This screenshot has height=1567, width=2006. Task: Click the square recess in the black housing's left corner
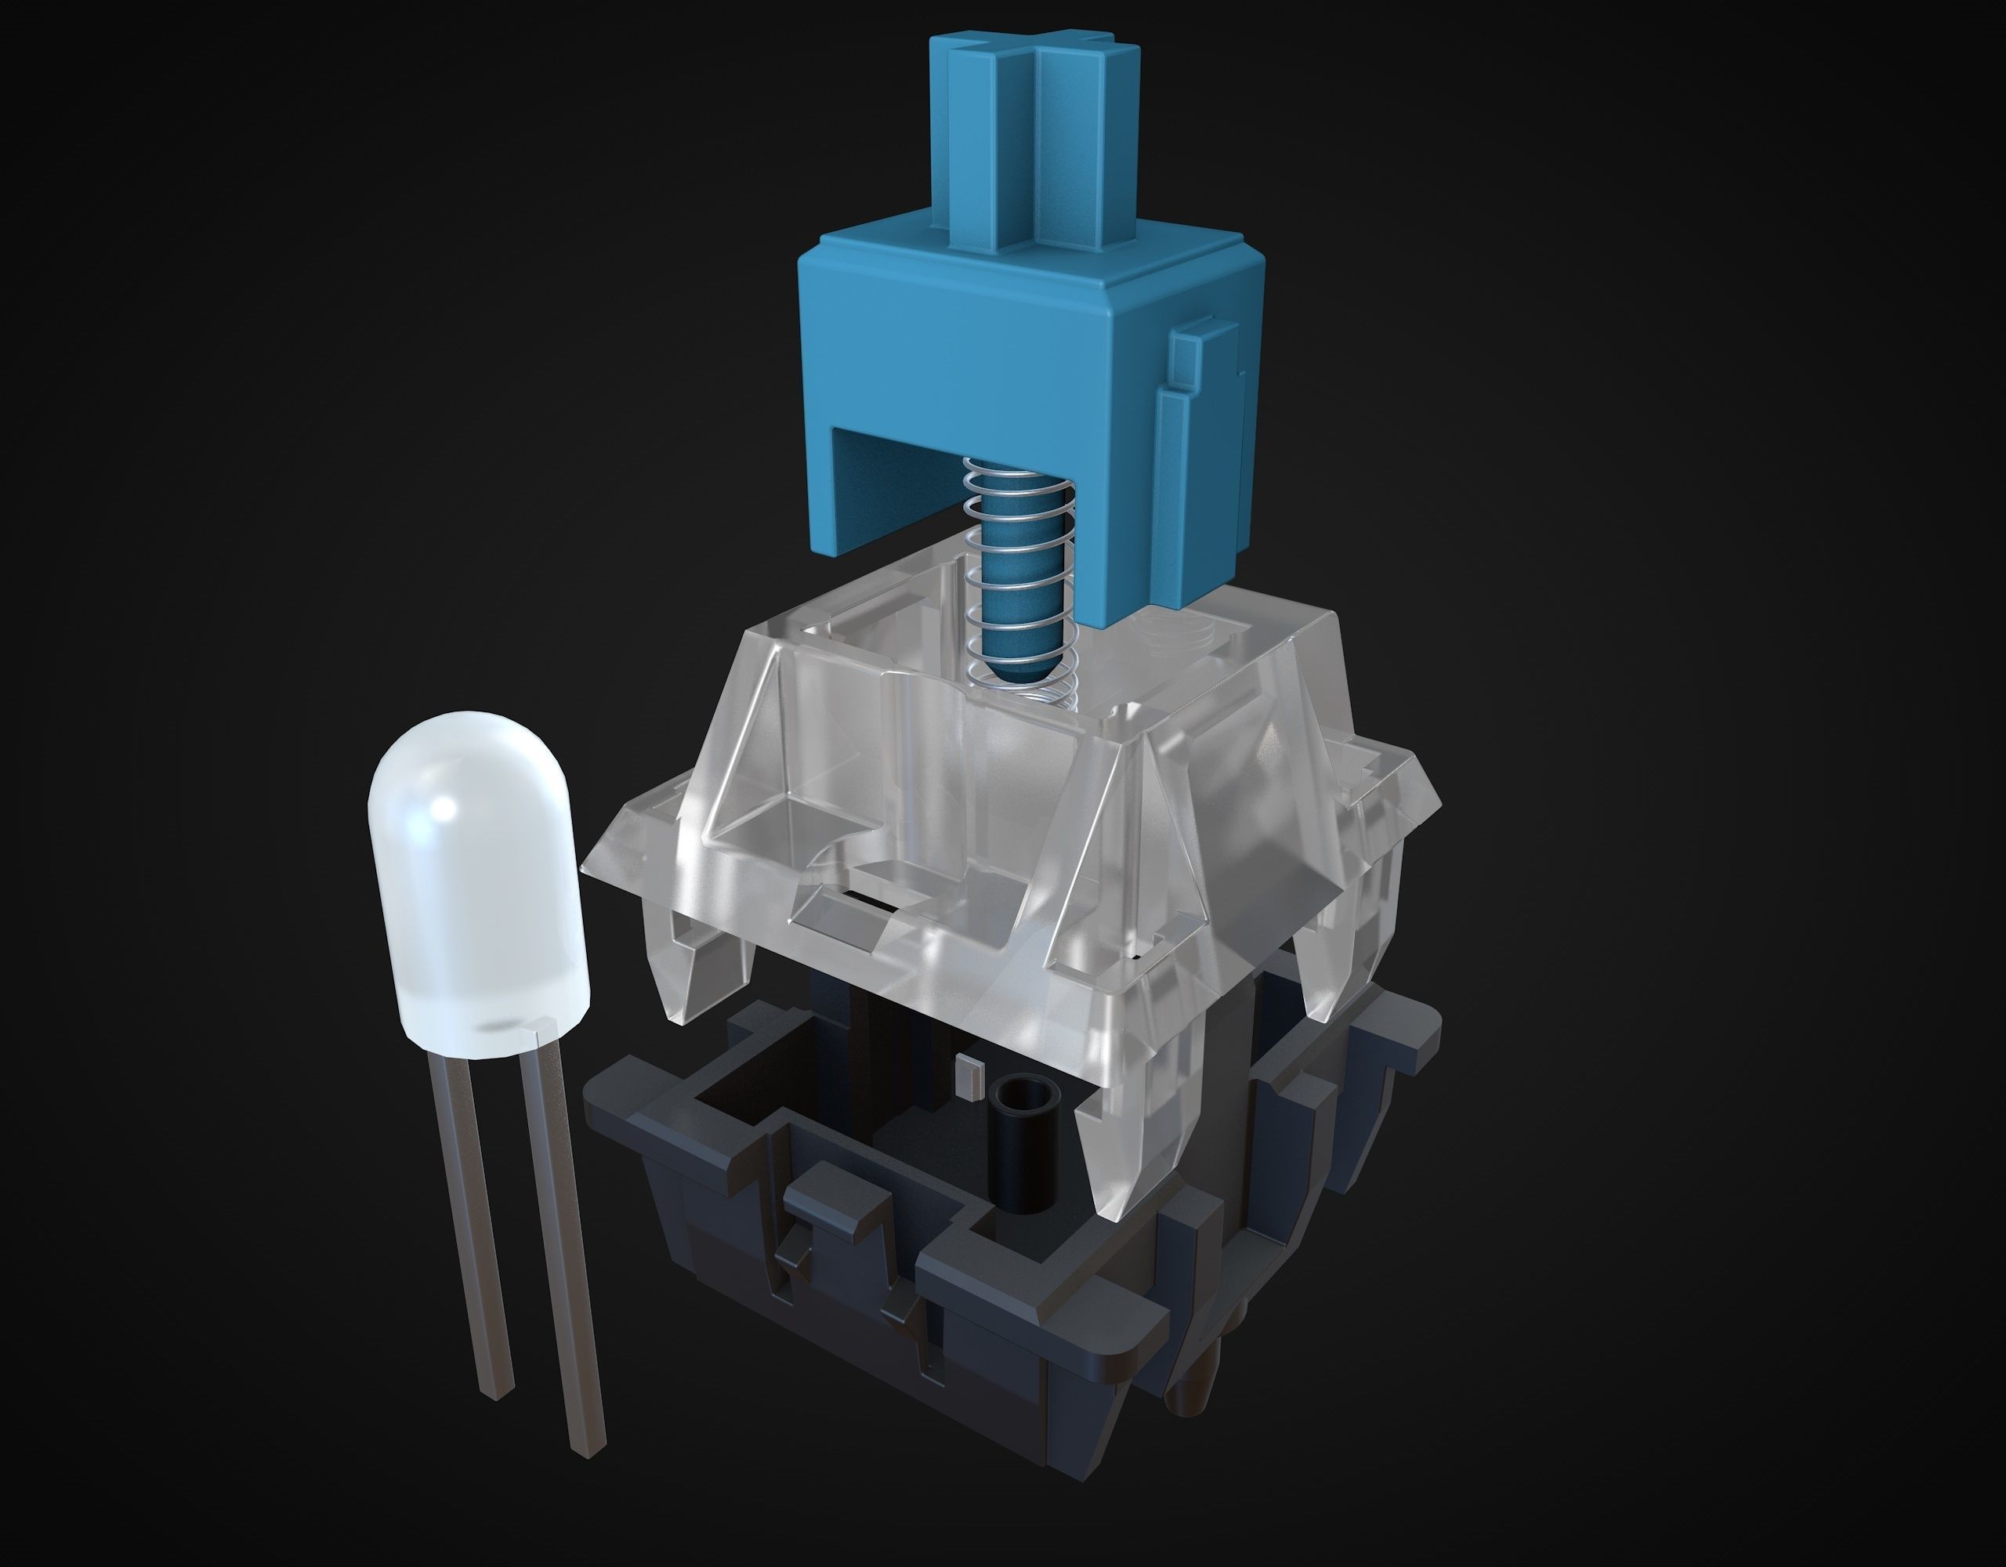click(735, 1102)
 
